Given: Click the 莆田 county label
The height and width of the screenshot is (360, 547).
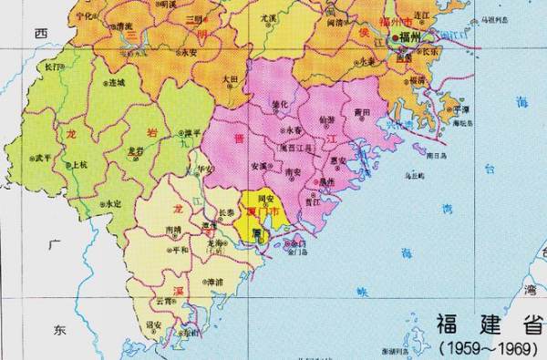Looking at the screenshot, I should click(363, 113).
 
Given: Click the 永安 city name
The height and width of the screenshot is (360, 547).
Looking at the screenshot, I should click(189, 52).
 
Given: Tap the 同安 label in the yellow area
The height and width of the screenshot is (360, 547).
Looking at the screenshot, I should click(266, 198).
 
